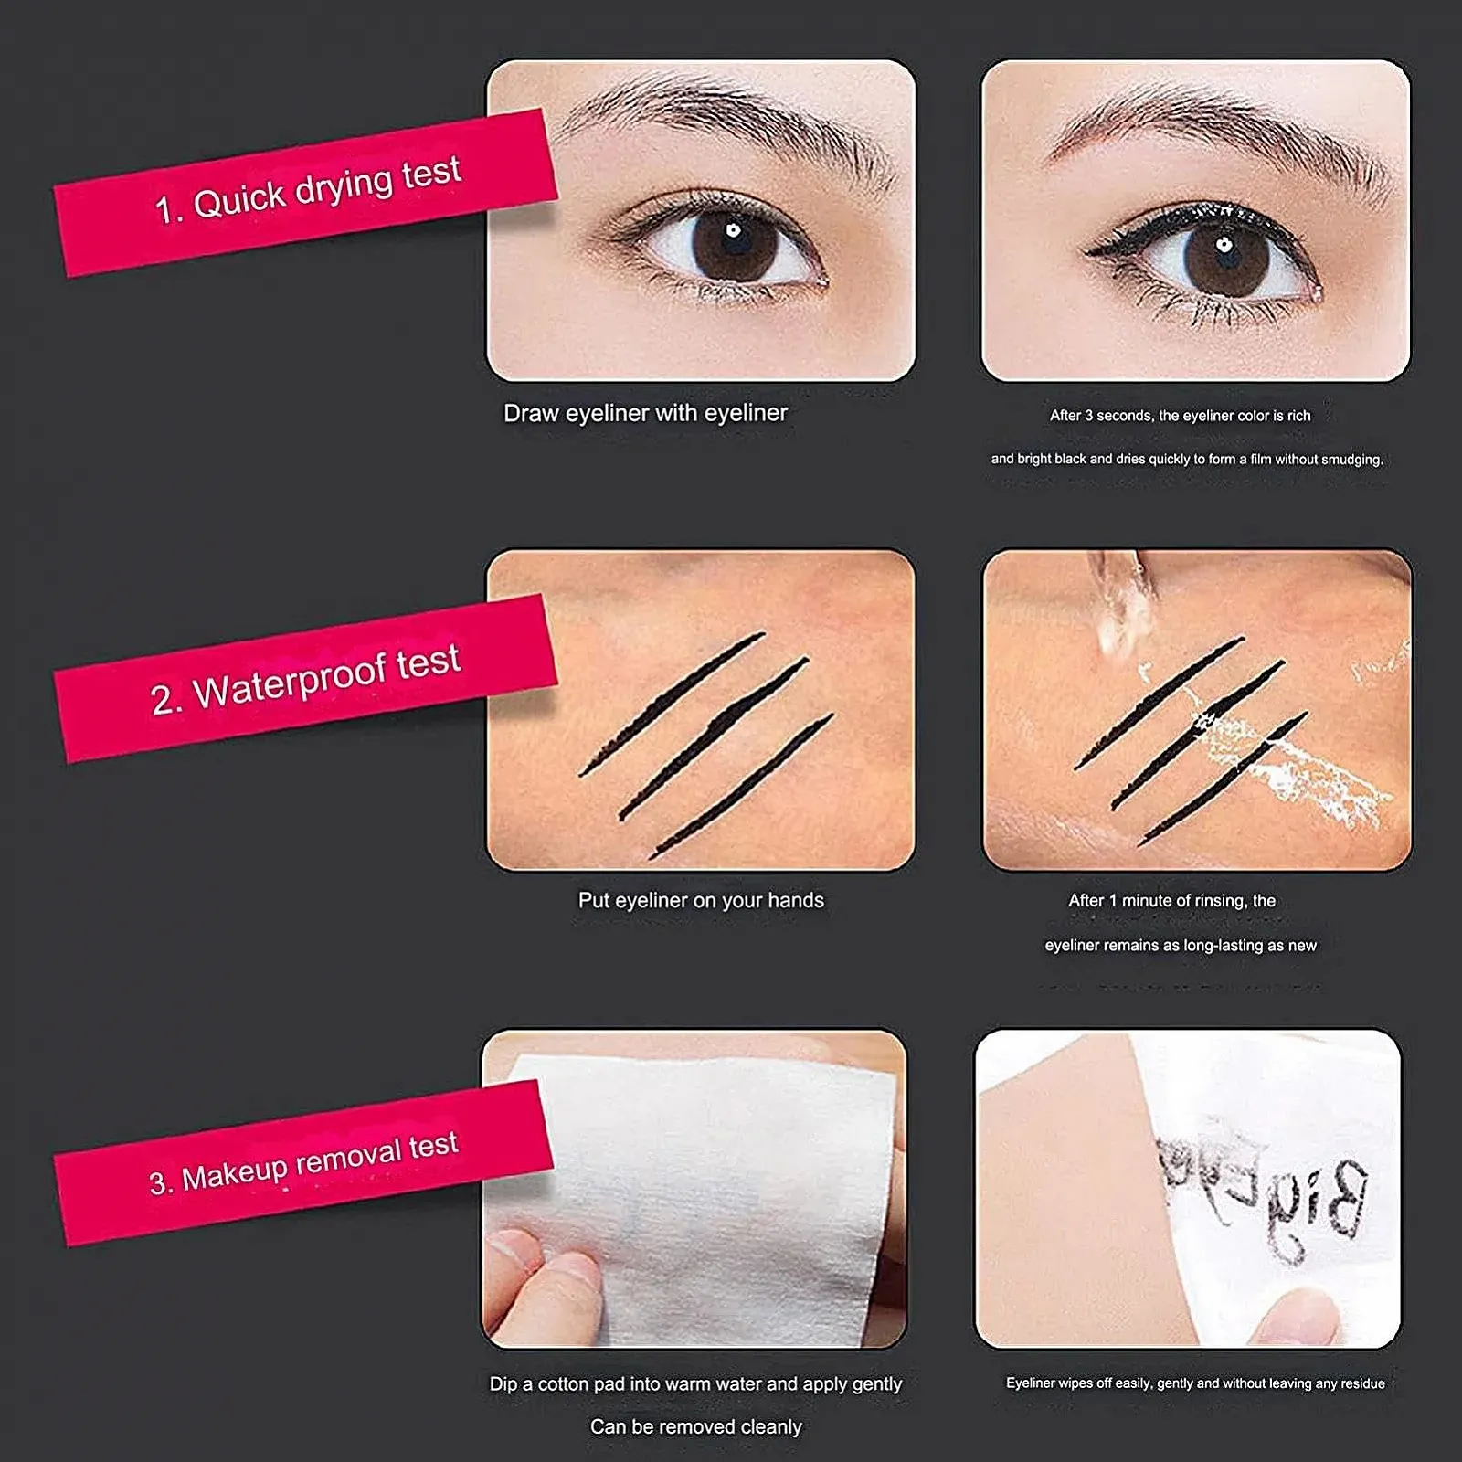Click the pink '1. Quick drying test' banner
pos(306,192)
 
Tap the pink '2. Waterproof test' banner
pos(306,678)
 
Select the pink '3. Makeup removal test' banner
pos(303,1162)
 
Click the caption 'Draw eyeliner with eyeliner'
pos(645,413)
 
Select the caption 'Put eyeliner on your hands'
pos(701,900)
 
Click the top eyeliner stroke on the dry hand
pos(672,703)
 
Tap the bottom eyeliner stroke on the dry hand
pos(741,786)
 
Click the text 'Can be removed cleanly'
pos(695,1426)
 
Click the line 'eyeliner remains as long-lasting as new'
pos(1181,946)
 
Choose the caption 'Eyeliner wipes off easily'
pos(1195,1383)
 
